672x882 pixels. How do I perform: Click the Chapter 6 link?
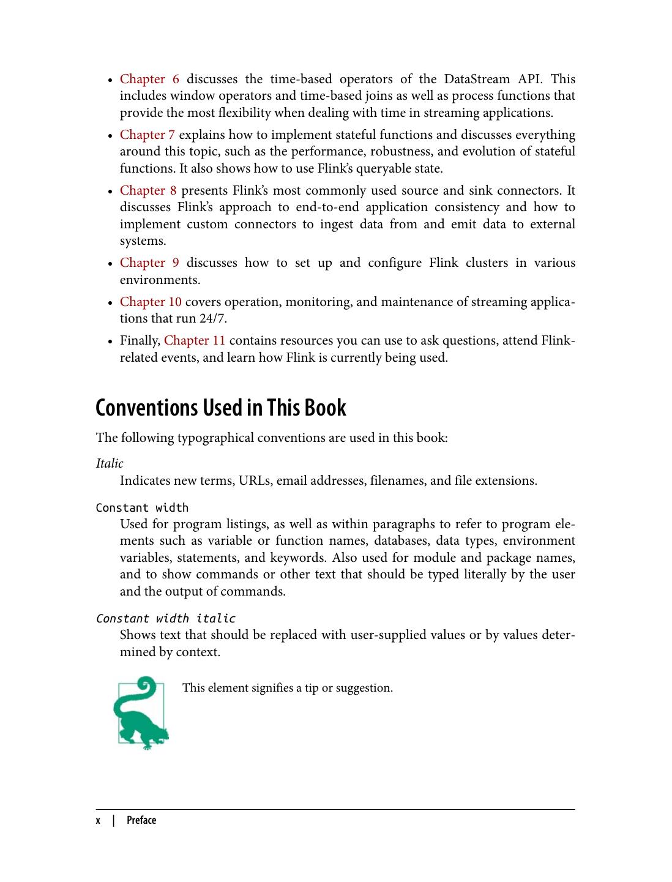point(149,79)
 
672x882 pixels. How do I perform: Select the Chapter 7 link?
point(147,135)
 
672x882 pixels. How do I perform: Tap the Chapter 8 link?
point(147,190)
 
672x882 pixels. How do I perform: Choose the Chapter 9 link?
point(149,263)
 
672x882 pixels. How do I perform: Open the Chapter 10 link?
point(151,302)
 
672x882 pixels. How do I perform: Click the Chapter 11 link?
point(195,340)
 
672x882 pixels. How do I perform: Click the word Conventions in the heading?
point(147,408)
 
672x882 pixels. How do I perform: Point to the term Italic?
point(110,463)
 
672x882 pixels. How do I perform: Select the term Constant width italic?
point(165,618)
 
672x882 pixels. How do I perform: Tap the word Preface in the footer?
point(141,820)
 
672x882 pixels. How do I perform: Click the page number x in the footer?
point(98,820)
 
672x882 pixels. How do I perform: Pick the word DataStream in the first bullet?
point(477,79)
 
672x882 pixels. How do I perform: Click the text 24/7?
point(212,318)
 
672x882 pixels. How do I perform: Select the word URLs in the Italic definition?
point(254,480)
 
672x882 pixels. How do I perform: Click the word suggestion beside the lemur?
point(364,688)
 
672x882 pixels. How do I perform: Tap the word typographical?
point(215,438)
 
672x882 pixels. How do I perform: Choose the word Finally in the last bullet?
point(140,340)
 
